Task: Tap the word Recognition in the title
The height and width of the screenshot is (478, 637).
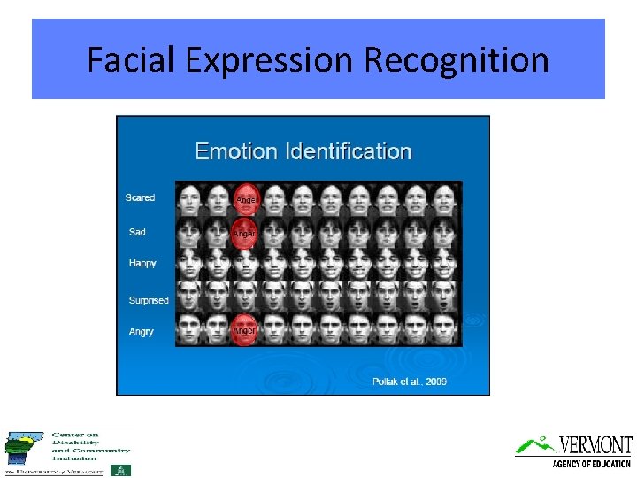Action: tap(457, 60)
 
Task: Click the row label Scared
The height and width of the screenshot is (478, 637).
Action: tap(140, 197)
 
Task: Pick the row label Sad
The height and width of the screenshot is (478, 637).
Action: tap(137, 232)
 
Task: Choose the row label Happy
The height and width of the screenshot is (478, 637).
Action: tap(142, 263)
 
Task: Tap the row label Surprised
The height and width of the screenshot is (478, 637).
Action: tap(149, 300)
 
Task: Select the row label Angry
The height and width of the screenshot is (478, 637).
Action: tap(141, 331)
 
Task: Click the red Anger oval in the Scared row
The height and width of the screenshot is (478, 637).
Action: tap(245, 199)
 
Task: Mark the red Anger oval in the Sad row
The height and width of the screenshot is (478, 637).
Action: tap(244, 233)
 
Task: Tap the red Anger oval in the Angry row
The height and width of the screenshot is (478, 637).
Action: tap(244, 329)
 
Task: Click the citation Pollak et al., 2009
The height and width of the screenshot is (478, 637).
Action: tap(410, 382)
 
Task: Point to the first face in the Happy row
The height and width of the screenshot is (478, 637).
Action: tap(188, 264)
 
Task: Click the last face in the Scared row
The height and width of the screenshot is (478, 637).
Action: tap(446, 198)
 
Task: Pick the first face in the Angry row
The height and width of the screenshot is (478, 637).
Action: tap(188, 329)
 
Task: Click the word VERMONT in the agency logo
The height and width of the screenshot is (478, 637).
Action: tap(595, 445)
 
